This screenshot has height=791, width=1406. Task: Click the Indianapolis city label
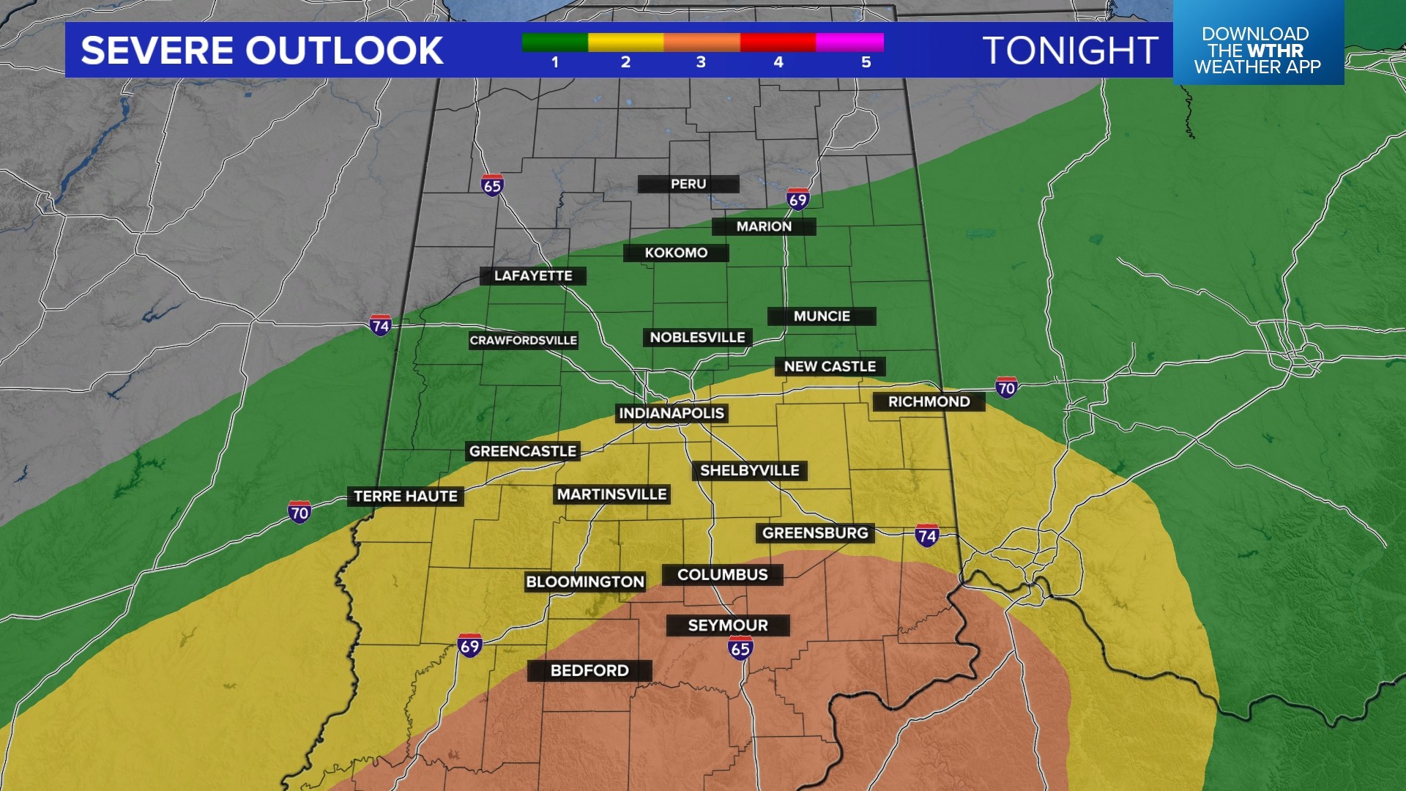672,413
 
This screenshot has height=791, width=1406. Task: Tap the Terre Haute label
405,496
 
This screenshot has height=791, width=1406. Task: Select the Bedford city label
589,670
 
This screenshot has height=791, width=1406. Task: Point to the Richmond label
929,401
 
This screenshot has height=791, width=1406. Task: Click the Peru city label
688,184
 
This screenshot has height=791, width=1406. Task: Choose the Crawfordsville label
523,340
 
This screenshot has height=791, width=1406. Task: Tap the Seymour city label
728,625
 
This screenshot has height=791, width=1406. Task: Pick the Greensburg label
815,532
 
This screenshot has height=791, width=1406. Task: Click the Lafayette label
532,275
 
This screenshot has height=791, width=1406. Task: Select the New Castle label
830,366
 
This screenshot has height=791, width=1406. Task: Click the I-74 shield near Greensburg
927,535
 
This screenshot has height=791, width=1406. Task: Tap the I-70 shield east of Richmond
1006,387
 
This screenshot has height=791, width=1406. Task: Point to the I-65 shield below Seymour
740,647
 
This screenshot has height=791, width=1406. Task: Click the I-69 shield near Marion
797,198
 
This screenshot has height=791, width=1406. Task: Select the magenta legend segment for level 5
849,42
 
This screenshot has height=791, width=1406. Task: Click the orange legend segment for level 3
702,42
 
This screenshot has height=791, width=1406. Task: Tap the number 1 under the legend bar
555,62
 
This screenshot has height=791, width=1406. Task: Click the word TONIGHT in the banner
1070,51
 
